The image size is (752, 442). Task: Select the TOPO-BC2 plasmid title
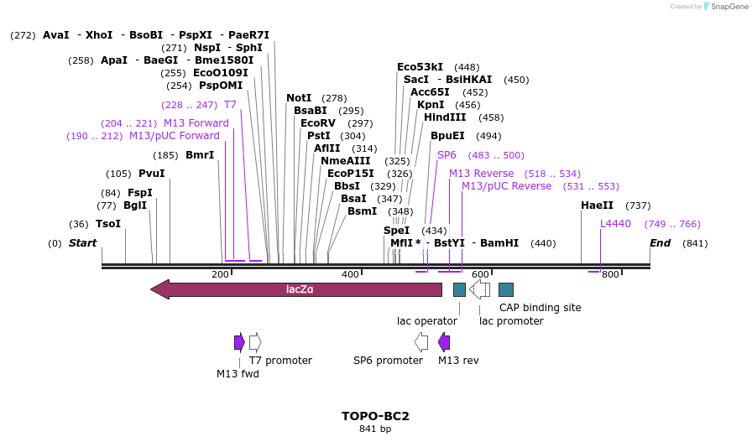coord(375,416)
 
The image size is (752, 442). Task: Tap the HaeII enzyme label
coord(597,205)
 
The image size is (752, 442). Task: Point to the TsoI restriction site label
coord(108,224)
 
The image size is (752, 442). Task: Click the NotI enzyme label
coord(299,98)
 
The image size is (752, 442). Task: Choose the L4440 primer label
coord(615,224)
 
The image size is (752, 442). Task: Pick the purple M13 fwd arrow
coord(239,341)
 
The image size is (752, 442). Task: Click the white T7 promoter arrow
coord(255,341)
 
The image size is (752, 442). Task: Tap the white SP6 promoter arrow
coord(421,341)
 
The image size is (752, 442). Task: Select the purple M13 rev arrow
coord(444,341)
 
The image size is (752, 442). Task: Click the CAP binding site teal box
coord(506,289)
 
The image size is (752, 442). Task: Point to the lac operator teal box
coord(459,289)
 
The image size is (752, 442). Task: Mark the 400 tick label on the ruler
coord(350,274)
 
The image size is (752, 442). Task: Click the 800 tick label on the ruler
coord(610,274)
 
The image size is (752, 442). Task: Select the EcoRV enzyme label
coord(318,123)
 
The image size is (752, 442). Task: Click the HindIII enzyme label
coord(445,117)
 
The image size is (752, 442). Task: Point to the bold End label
coord(661,243)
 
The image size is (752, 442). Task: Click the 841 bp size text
coord(375,429)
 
